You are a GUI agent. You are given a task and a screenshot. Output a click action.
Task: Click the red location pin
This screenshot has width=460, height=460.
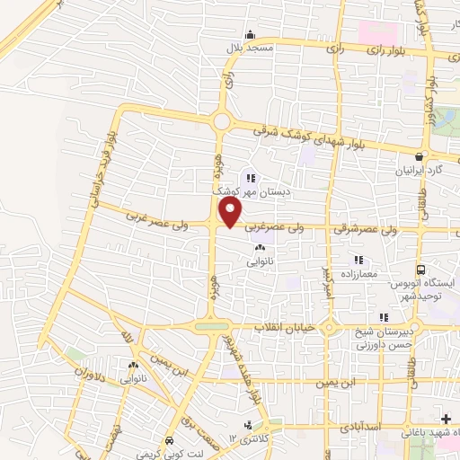pos(231,213)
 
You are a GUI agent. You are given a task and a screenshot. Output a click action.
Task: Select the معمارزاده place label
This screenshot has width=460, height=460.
pos(360,273)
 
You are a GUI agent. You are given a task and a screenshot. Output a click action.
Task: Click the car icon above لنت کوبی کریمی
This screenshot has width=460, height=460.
pos(170,440)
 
